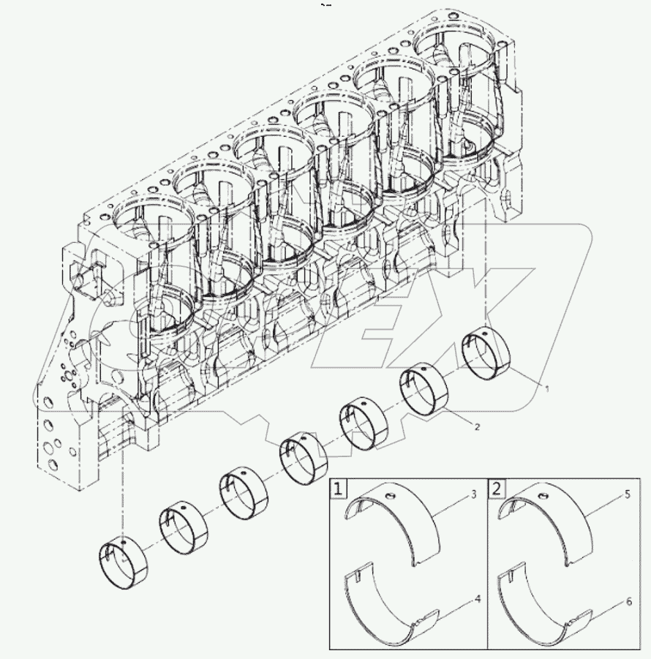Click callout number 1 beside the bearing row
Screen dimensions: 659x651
pyautogui.click(x=545, y=388)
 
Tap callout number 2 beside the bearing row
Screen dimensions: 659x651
pyautogui.click(x=476, y=426)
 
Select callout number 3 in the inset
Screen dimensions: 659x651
pyautogui.click(x=473, y=496)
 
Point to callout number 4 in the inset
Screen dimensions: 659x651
pyautogui.click(x=476, y=599)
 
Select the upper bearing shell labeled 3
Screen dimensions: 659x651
pyautogui.click(x=399, y=523)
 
